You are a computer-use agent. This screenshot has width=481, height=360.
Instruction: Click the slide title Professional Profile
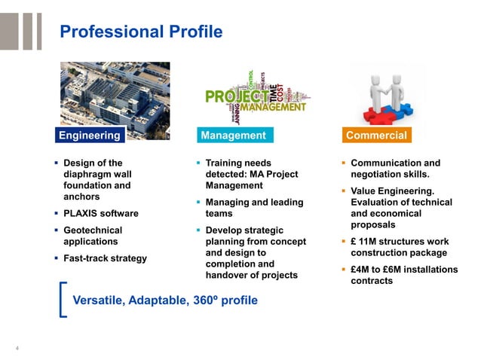click(x=141, y=32)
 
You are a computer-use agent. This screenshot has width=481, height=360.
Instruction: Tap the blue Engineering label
click(x=90, y=136)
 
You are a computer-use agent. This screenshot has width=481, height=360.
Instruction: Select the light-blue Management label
click(x=233, y=136)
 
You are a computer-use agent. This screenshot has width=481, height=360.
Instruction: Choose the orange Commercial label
click(x=376, y=136)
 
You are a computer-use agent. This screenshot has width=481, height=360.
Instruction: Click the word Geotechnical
click(x=93, y=230)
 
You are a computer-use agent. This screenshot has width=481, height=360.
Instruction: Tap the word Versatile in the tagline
click(x=98, y=301)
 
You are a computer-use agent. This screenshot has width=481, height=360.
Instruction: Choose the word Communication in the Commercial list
click(x=386, y=163)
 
